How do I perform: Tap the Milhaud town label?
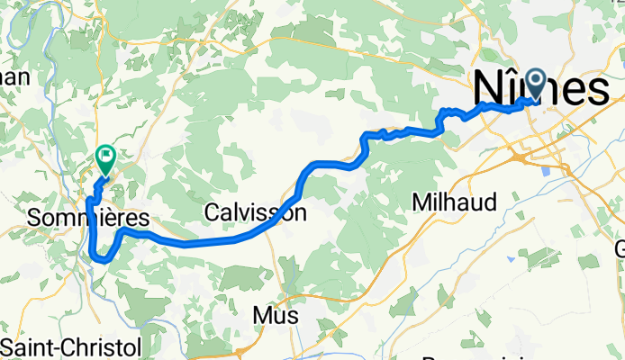454,202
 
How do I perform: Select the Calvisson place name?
255,213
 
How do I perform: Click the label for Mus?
275,317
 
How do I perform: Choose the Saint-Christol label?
70,347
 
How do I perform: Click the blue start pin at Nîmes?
538,85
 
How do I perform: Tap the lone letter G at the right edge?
620,247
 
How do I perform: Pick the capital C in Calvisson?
213,213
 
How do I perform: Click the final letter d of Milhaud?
489,202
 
